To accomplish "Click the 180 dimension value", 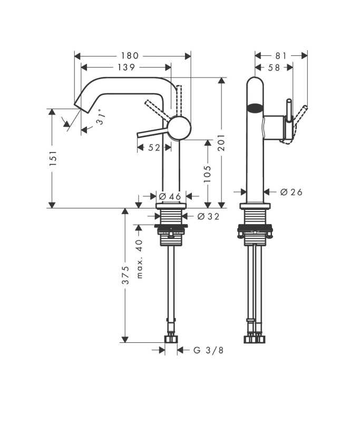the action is click(130, 56).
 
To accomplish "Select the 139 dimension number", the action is click(126, 67).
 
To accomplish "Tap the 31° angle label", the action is click(101, 117).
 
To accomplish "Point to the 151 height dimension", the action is click(53, 158).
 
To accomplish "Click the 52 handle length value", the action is click(154, 148).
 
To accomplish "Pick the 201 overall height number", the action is click(221, 142).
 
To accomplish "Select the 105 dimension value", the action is click(207, 174).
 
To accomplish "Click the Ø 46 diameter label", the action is click(170, 196).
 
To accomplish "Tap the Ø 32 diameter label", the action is click(208, 216).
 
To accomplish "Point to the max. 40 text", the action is click(139, 259).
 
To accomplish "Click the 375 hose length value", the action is click(125, 275).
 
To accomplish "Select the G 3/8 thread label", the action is click(208, 350).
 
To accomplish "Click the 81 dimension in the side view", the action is click(281, 56).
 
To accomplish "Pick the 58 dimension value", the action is click(274, 68).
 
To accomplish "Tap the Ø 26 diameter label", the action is click(291, 192).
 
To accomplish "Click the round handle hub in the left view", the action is click(179, 128).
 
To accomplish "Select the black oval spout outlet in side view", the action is click(254, 108).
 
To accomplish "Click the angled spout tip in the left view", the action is click(81, 107).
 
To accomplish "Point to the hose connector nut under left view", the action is click(171, 339).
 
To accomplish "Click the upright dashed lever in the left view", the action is click(179, 100).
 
